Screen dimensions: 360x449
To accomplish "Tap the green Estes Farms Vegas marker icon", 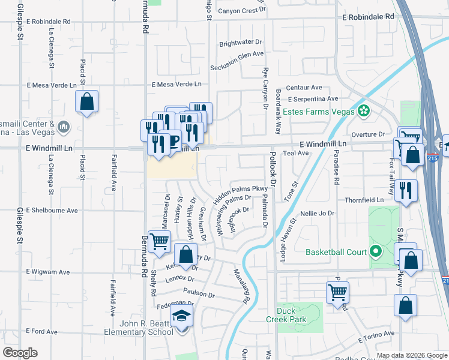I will point(363,110).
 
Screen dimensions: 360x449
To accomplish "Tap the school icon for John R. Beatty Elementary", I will point(181,317).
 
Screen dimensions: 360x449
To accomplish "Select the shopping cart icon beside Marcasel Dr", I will point(158,241).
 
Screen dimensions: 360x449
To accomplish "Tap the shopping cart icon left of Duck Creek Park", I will point(337,292).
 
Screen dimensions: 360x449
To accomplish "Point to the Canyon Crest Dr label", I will point(241,11).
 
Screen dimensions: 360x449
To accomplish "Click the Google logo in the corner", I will point(20,353).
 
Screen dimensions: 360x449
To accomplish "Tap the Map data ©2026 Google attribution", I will point(412,355).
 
